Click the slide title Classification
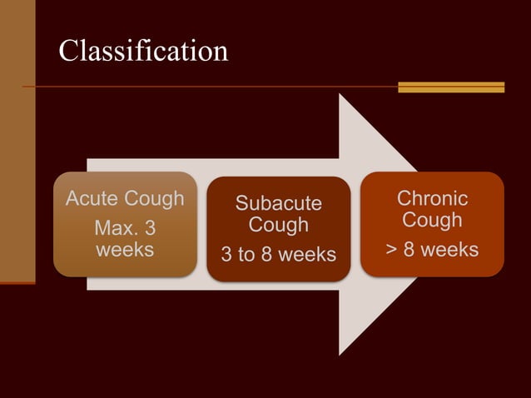tap(143, 52)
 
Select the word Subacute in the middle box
tap(278, 204)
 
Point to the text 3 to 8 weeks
tap(278, 254)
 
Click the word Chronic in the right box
tap(432, 199)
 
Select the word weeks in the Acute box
tap(125, 249)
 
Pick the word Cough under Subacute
tap(278, 225)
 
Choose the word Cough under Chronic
tap(432, 220)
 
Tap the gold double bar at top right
tap(451, 87)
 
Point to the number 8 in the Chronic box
tap(409, 249)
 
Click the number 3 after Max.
tap(150, 227)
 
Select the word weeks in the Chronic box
tap(449, 249)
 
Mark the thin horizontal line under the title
tap(208, 87)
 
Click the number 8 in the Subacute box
tap(267, 254)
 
